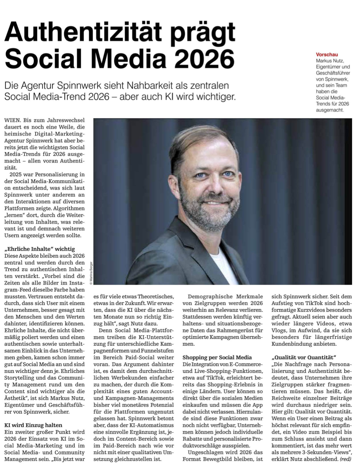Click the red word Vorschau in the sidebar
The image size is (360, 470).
[x=327, y=54]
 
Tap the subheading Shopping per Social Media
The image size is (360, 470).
[x=217, y=357]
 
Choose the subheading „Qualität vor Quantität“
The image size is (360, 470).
[x=304, y=357]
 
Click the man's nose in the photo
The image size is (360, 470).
[x=215, y=186]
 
